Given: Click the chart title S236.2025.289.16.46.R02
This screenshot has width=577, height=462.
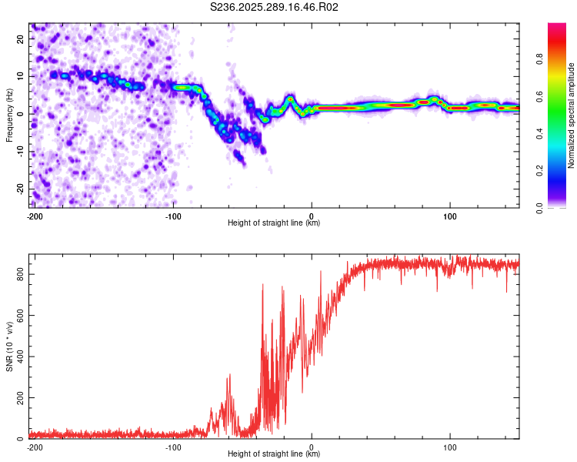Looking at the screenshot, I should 275,7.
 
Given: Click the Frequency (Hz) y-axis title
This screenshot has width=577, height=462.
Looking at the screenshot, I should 9,115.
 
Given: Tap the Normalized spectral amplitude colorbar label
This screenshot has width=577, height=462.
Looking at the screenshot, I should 571,115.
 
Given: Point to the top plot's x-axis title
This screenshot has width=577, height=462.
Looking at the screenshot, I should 274,223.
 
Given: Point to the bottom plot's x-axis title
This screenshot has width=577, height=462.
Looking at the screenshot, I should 274,454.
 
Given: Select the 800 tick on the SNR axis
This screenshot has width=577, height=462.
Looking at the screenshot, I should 18,273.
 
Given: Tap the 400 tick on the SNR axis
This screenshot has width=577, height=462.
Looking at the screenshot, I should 18,356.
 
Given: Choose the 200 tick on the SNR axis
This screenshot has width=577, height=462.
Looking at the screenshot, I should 18,397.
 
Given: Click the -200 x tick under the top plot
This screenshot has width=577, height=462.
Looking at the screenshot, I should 35,215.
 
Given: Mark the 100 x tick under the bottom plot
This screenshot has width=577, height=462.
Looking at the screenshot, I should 450,446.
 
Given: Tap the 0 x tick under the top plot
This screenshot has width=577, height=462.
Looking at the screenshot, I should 312,215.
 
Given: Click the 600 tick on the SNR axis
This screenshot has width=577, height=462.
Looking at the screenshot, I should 18,315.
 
